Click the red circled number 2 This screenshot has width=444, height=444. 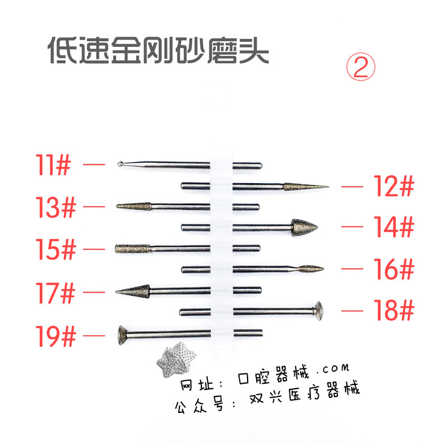point(361,66)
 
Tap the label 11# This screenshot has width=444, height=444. point(53,165)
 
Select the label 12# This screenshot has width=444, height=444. point(394,186)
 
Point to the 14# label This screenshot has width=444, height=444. point(394,226)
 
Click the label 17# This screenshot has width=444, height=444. point(55,293)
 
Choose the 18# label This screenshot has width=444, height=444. point(394,310)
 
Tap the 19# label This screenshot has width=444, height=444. point(56,336)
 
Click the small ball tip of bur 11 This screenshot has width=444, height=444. point(120,164)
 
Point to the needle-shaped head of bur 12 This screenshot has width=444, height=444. point(306,187)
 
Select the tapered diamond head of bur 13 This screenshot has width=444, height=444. point(134,206)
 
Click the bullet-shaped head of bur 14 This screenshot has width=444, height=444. point(304,227)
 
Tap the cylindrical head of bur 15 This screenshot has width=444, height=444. point(132,249)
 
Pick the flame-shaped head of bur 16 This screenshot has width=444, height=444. point(310,269)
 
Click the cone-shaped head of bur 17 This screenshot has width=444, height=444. point(133,291)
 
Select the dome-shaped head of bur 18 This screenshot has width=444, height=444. point(318,311)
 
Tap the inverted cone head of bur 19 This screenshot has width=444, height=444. point(123,335)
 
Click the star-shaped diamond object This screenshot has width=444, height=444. point(176,359)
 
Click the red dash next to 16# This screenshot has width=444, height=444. point(352,269)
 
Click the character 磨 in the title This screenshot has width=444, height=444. point(222,50)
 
